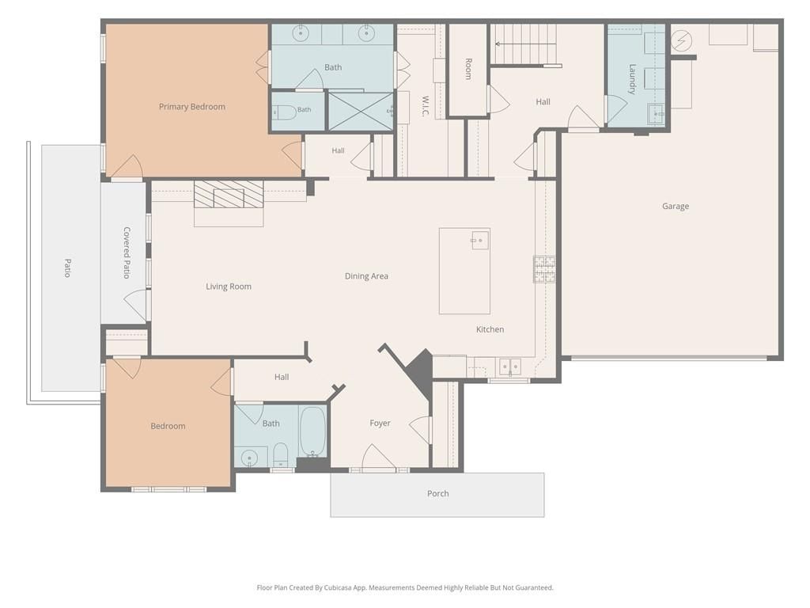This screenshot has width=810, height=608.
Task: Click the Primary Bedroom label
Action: click(x=191, y=107)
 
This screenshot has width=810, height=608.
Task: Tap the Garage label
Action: click(x=676, y=207)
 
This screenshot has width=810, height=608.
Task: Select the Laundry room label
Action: click(x=632, y=79)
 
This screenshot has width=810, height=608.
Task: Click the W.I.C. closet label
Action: click(x=425, y=106)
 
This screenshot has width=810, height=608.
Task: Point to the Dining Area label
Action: click(x=366, y=276)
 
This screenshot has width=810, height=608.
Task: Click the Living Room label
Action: click(x=229, y=287)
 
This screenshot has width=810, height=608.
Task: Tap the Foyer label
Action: click(x=380, y=423)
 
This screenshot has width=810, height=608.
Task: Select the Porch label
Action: click(x=437, y=494)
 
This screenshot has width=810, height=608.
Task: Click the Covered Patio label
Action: click(x=127, y=253)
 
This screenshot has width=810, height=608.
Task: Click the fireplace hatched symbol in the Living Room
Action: click(x=229, y=195)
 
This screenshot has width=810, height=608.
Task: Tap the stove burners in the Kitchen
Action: click(x=544, y=269)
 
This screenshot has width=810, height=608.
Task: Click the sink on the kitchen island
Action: click(x=480, y=240)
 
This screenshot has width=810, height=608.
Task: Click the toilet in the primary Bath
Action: click(x=284, y=111)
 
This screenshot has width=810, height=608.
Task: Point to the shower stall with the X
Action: click(x=361, y=111)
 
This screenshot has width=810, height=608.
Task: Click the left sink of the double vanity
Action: click(x=300, y=33)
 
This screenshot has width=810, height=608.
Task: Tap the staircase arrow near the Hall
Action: click(x=525, y=44)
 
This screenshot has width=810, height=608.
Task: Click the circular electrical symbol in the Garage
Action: click(x=681, y=40)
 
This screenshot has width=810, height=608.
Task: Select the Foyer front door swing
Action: click(x=378, y=457)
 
